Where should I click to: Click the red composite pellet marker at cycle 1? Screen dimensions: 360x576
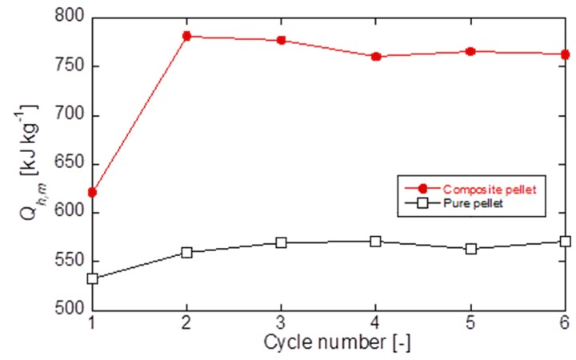(x=93, y=192)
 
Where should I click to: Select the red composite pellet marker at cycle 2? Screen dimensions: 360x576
(x=187, y=36)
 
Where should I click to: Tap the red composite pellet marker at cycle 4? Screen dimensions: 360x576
(x=376, y=56)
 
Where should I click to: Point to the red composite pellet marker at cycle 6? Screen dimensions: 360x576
(x=565, y=54)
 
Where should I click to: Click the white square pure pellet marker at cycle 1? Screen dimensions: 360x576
(x=93, y=278)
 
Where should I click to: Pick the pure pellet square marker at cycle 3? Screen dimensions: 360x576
(x=282, y=242)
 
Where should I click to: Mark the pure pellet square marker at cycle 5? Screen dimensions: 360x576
(x=470, y=249)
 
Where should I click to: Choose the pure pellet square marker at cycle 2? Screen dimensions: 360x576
(x=187, y=252)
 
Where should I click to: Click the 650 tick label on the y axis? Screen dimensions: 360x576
(x=70, y=164)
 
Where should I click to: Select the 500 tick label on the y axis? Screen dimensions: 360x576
(x=70, y=310)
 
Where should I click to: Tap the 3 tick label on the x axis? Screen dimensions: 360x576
(x=282, y=324)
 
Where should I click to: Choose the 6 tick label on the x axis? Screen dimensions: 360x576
(x=564, y=324)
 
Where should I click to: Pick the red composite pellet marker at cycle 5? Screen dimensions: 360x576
(x=470, y=51)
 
